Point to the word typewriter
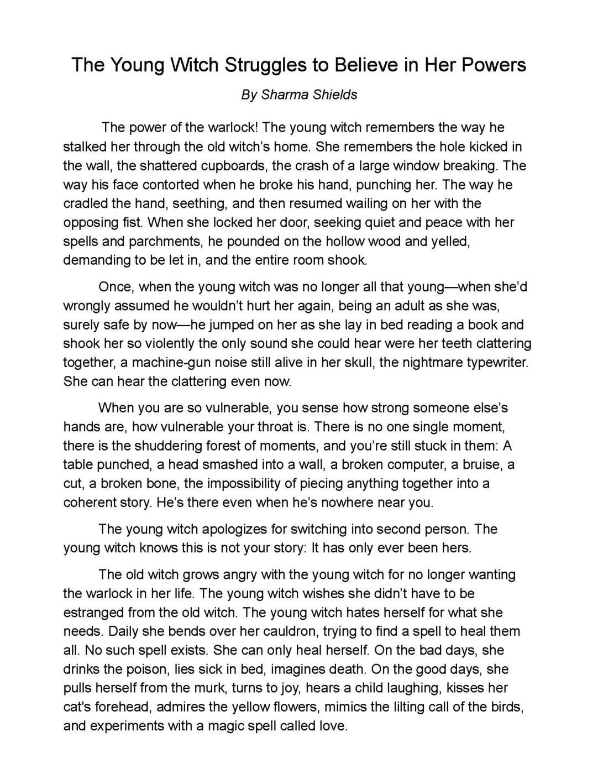pyautogui.click(x=497, y=363)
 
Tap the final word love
pyautogui.click(x=333, y=726)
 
